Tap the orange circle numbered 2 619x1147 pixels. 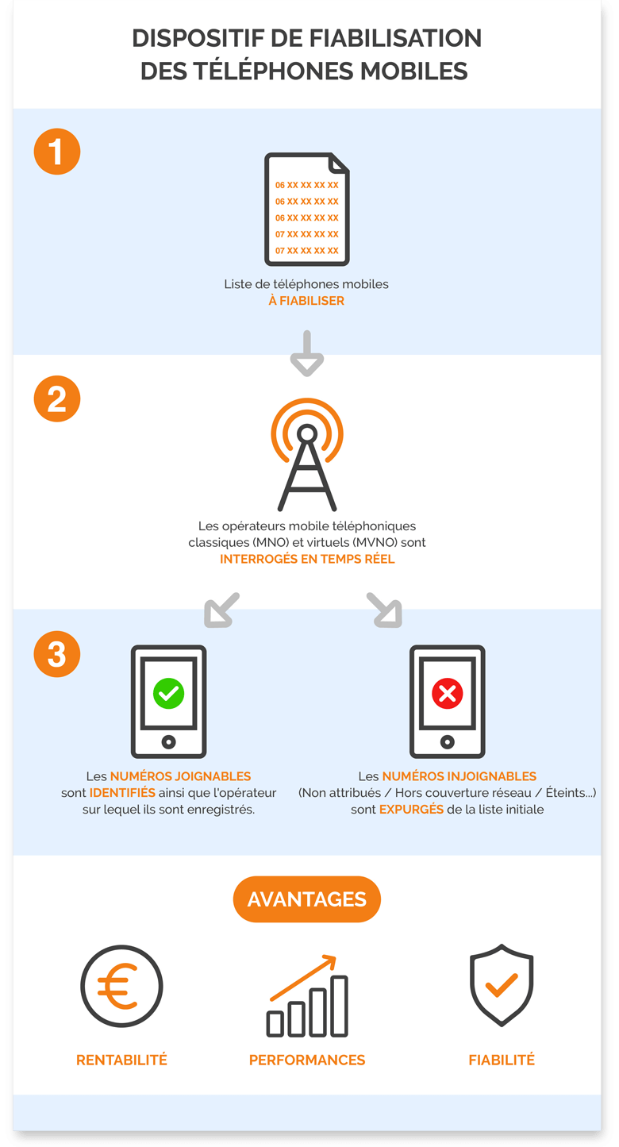(57, 398)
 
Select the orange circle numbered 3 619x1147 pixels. (57, 654)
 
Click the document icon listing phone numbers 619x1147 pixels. (306, 209)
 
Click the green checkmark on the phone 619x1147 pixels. (168, 694)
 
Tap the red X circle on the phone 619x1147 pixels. (447, 694)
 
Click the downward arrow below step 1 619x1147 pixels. (307, 354)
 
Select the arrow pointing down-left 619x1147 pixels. (221, 610)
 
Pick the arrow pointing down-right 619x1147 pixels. (384, 610)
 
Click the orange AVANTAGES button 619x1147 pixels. (307, 899)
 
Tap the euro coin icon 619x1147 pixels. (121, 987)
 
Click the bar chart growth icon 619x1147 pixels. (307, 997)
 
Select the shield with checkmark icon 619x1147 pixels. (502, 986)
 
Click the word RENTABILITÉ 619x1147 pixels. (121, 1060)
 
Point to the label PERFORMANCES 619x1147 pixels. (307, 1060)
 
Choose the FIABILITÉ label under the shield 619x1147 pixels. (502, 1060)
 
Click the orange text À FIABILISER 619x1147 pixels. (306, 301)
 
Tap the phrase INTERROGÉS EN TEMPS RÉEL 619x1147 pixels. (307, 559)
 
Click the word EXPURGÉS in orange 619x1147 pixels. (411, 810)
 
